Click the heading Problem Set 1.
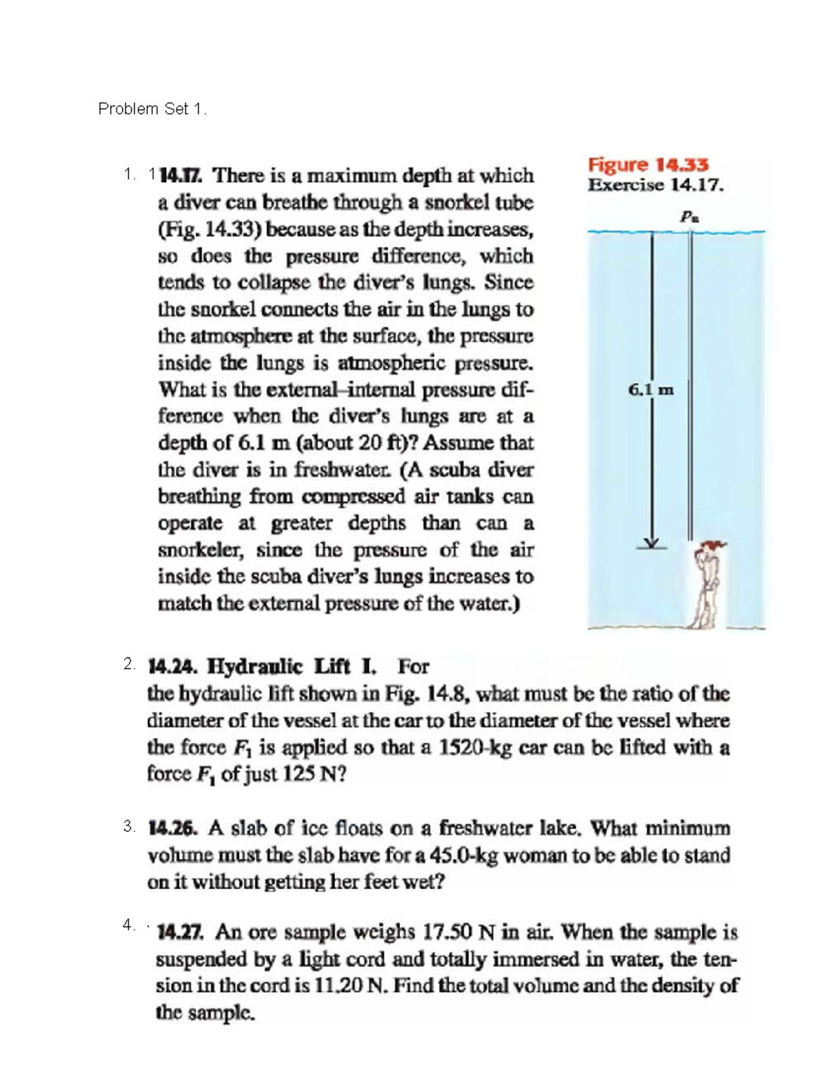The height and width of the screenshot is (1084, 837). click(152, 109)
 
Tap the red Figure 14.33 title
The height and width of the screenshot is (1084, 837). click(648, 165)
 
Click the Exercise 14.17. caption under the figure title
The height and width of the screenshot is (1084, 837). click(656, 186)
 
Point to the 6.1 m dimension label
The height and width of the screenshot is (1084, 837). click(651, 390)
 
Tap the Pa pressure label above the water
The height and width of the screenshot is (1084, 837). click(690, 217)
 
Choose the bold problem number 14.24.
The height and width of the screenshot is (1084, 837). click(172, 667)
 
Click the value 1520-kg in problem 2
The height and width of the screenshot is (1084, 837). click(476, 748)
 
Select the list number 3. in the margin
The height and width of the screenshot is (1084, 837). click(129, 827)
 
